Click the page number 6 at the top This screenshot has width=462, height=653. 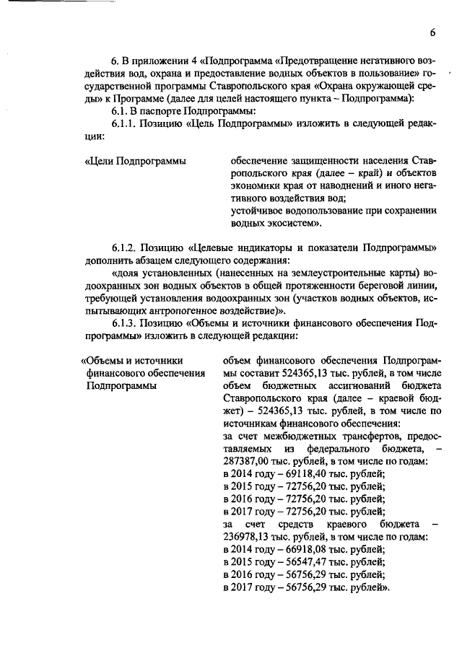(x=432, y=32)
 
